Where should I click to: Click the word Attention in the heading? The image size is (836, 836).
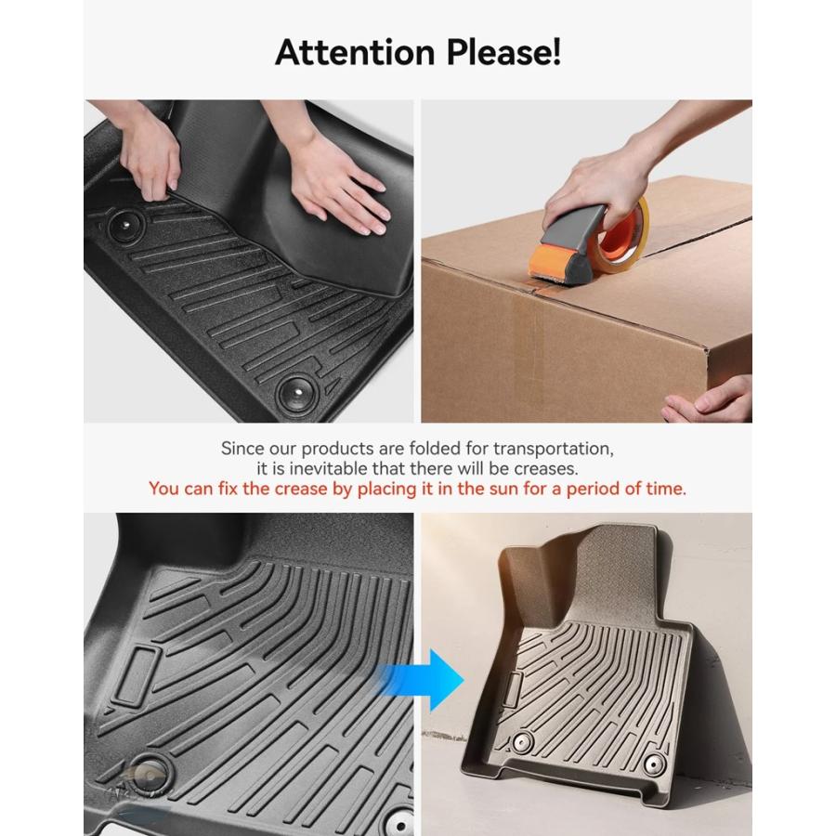pos(355,52)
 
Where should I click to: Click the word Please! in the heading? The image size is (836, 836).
pos(503,52)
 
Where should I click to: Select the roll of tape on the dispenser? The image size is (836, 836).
pos(625,235)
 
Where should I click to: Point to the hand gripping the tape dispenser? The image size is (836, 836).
pos(597,181)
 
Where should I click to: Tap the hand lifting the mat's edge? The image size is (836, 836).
pos(150,154)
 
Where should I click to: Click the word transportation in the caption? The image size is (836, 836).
pos(553,449)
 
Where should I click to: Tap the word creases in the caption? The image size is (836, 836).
pos(546,469)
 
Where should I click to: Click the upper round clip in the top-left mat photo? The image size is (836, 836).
pos(125,226)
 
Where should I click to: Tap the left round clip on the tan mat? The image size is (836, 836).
pos(522,742)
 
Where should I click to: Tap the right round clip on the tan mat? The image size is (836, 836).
pos(655,764)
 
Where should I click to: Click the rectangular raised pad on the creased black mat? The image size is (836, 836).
pos(137,674)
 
